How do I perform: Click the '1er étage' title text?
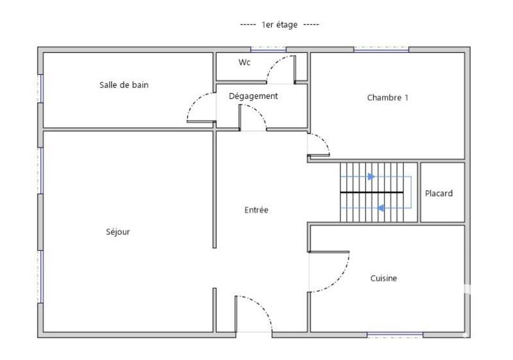(280, 24)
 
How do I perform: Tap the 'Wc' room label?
(244, 62)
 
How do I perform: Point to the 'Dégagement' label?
(253, 96)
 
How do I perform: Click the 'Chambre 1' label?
(387, 98)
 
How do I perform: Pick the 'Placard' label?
(439, 193)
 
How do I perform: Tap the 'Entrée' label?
(256, 210)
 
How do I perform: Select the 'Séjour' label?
(118, 232)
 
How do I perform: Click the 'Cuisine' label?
(383, 279)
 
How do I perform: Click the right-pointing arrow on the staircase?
(371, 176)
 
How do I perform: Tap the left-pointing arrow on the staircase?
(380, 208)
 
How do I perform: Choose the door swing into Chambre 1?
(319, 145)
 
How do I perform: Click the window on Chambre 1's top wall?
(381, 49)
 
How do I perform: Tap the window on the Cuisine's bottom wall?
(394, 334)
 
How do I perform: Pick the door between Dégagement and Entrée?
(253, 117)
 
